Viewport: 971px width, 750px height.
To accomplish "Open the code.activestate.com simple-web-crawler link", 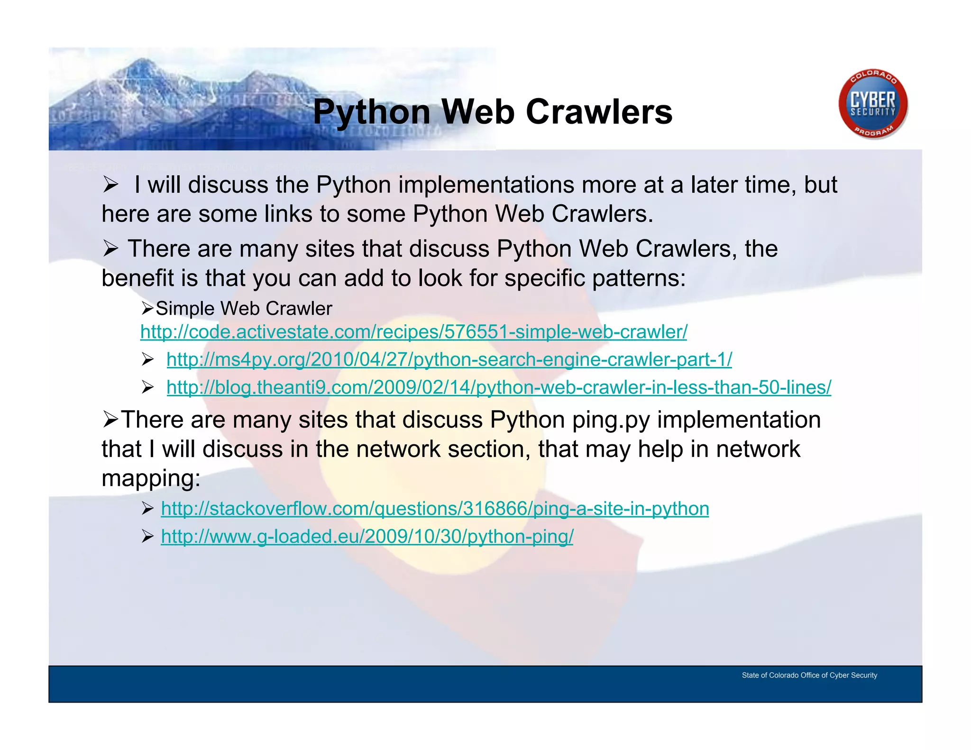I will (413, 332).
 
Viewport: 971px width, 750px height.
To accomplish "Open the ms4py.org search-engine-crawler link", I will (449, 360).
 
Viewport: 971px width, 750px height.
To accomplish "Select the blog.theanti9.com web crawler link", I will (499, 388).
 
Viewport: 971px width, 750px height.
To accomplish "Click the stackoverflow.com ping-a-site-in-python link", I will (435, 509).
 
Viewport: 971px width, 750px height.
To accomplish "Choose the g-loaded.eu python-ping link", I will (367, 537).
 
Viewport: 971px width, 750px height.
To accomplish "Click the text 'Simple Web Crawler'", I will (244, 309).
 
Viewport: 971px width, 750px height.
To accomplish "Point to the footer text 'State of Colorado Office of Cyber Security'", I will (809, 675).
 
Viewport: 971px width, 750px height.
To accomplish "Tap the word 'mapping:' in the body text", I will (151, 478).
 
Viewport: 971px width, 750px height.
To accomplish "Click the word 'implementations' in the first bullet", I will (486, 185).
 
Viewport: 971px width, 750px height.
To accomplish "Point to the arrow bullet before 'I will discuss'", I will (110, 185).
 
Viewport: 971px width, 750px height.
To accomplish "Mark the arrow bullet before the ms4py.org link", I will (147, 360).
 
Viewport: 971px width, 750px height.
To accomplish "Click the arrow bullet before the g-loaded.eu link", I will (147, 537).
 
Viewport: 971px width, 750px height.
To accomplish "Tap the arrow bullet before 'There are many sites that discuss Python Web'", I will (110, 249).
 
